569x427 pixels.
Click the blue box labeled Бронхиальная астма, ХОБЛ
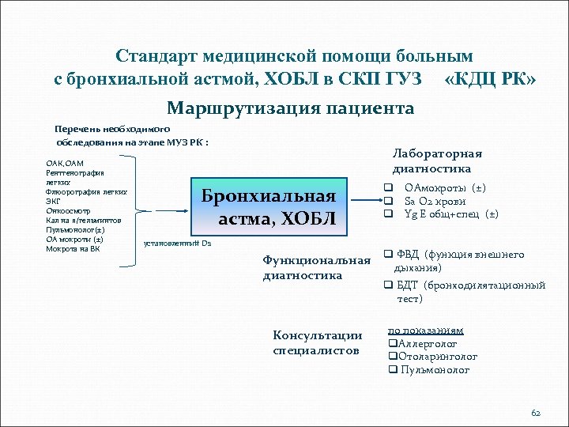pos(269,208)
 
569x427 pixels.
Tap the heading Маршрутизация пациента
pos(290,108)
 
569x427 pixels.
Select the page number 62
pos(535,413)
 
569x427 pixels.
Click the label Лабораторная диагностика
pos(437,161)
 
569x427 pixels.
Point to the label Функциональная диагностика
pos(316,268)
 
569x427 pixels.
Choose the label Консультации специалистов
pos(317,342)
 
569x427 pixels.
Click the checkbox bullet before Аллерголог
pos(391,344)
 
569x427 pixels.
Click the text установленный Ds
pos(178,244)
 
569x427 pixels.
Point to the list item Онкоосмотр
pos(67,210)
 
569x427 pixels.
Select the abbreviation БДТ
pos(408,285)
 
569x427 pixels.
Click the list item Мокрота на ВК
pos(73,248)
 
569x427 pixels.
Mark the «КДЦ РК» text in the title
pos(491,79)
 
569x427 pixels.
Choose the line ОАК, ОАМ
pos(66,163)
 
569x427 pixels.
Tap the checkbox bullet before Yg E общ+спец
pos(389,214)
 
